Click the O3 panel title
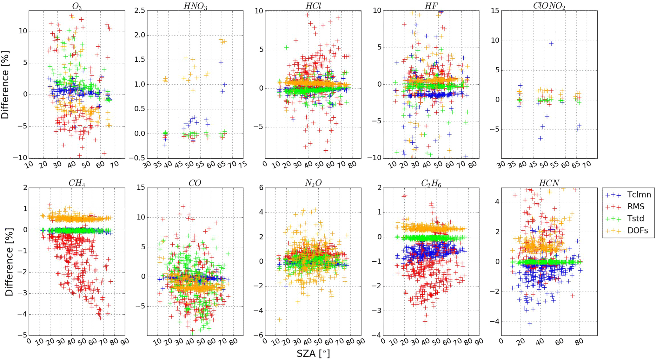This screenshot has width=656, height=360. click(x=77, y=6)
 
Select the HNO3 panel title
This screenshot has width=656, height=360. click(x=195, y=6)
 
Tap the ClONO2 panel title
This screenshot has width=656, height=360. click(x=549, y=6)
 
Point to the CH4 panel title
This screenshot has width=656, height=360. click(x=77, y=183)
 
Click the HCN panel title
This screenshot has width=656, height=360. click(x=549, y=183)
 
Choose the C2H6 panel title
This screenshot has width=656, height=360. click(x=431, y=183)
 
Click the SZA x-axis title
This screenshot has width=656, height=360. click(x=313, y=353)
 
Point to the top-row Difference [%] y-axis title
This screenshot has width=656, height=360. click(x=5, y=85)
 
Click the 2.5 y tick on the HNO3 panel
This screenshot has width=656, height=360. click(x=140, y=11)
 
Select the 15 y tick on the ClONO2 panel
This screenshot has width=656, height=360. click(x=495, y=11)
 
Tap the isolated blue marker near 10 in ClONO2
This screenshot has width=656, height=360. click(x=551, y=44)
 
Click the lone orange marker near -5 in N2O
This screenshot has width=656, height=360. click(x=279, y=319)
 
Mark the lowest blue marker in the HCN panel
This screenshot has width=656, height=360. click(x=530, y=324)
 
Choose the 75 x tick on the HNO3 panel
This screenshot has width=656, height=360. click(x=242, y=165)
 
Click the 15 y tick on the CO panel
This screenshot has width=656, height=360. click(x=141, y=187)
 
